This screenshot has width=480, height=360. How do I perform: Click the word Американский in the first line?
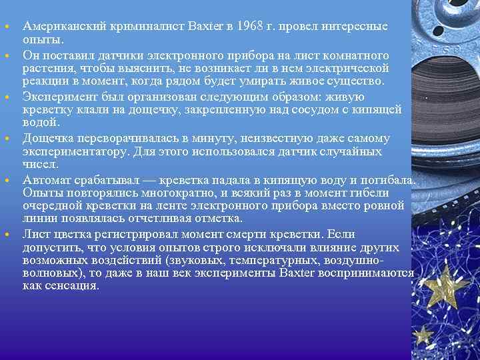pyautogui.click(x=59, y=26)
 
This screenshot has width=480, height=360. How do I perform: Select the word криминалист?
pyautogui.click(x=128, y=26)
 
